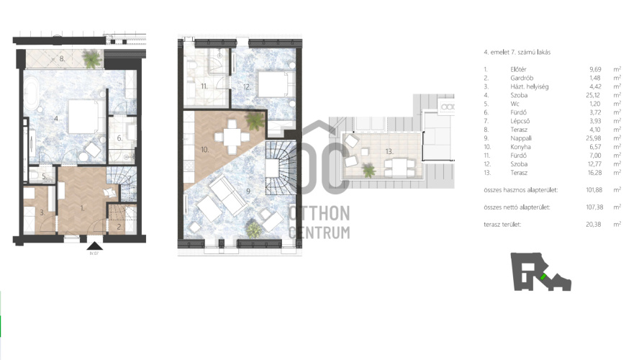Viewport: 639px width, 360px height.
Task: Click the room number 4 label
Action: click(x=56, y=119)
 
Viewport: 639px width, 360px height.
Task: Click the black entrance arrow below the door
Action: click(x=94, y=246)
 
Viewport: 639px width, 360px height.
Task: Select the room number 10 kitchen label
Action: click(x=204, y=150)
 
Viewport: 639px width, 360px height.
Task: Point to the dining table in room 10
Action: click(x=232, y=137)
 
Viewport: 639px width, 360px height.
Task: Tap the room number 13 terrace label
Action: click(x=389, y=151)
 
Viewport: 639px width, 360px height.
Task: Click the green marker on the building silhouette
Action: click(x=543, y=276)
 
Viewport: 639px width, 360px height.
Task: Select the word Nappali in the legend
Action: click(x=521, y=138)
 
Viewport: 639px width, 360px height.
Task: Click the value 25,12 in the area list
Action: click(x=594, y=95)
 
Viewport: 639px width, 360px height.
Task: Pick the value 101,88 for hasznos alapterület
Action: click(x=594, y=190)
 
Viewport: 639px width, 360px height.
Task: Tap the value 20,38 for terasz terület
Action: click(x=594, y=224)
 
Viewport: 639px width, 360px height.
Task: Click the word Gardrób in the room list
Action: click(x=522, y=78)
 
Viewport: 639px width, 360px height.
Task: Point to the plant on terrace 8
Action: click(x=91, y=59)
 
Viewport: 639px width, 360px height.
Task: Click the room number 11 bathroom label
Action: click(x=204, y=86)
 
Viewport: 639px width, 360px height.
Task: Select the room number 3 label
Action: click(x=42, y=212)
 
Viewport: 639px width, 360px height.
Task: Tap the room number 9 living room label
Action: click(x=248, y=191)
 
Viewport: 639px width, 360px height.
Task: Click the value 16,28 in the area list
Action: click(x=594, y=173)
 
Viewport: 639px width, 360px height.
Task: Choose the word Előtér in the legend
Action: click(x=518, y=69)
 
